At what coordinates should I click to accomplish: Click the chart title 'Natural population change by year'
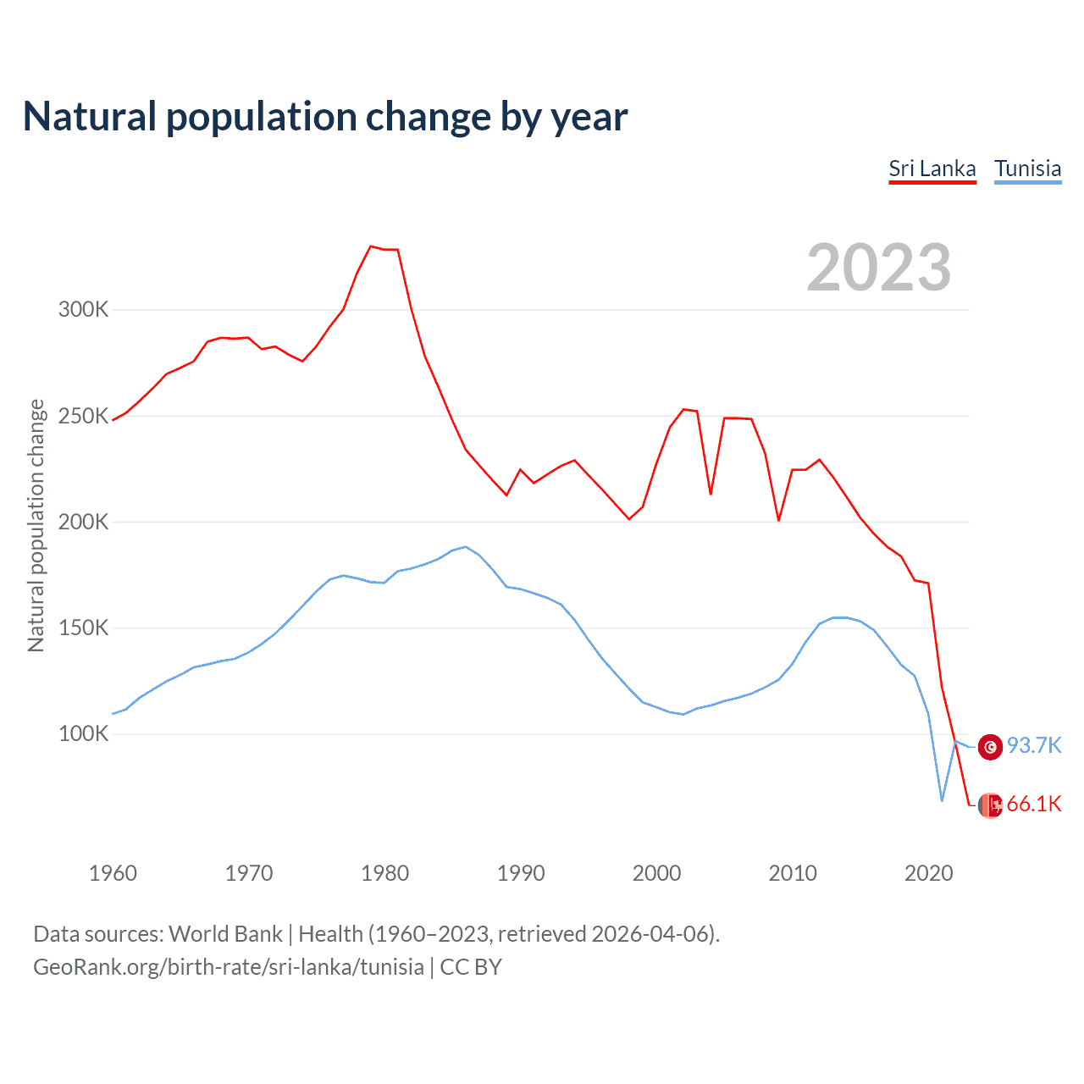tap(325, 117)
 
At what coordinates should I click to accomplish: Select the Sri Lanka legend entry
tap(932, 169)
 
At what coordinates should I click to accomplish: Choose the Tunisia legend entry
tap(1027, 169)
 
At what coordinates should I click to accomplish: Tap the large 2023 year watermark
tap(878, 268)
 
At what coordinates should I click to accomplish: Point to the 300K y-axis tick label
tap(83, 309)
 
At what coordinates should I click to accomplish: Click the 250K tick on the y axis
tap(83, 416)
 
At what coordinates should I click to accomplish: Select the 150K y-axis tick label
tap(83, 628)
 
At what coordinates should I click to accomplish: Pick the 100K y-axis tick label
tap(83, 733)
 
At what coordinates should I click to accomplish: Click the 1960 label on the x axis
tap(113, 873)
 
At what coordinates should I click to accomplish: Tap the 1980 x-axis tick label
tap(384, 873)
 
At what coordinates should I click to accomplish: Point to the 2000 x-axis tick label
tap(656, 873)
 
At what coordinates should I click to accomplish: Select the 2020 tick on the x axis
tap(928, 873)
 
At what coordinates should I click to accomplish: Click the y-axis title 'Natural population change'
tap(36, 525)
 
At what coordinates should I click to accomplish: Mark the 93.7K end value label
tap(1033, 745)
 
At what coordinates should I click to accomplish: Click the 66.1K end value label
tap(1033, 804)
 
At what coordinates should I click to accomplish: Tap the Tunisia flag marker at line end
tap(990, 747)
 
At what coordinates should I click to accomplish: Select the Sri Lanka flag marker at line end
tap(990, 805)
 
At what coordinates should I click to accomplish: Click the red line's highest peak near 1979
tap(371, 246)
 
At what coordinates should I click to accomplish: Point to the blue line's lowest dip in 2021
tap(942, 800)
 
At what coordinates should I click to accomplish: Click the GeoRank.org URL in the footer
tap(229, 967)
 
